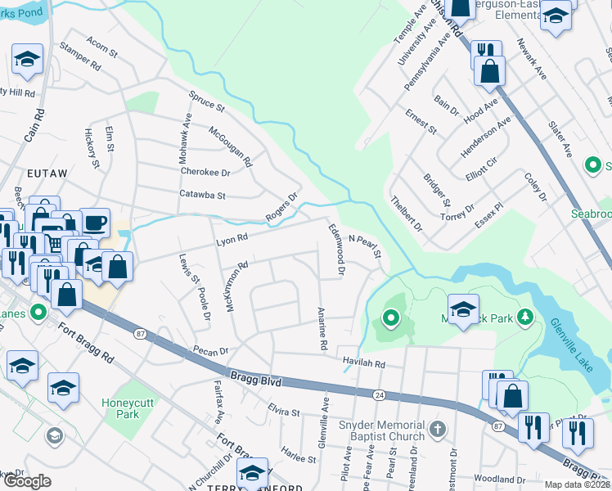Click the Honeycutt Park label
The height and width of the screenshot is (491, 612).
click(x=120, y=408)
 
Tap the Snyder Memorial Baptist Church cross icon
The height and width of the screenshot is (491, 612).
click(x=438, y=428)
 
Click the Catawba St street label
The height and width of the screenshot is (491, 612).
click(x=202, y=195)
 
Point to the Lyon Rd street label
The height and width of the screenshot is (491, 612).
click(x=231, y=238)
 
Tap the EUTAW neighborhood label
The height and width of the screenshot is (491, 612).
click(x=45, y=174)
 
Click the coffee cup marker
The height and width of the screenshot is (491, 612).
click(x=94, y=222)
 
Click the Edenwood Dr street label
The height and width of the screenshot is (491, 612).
click(x=335, y=250)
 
